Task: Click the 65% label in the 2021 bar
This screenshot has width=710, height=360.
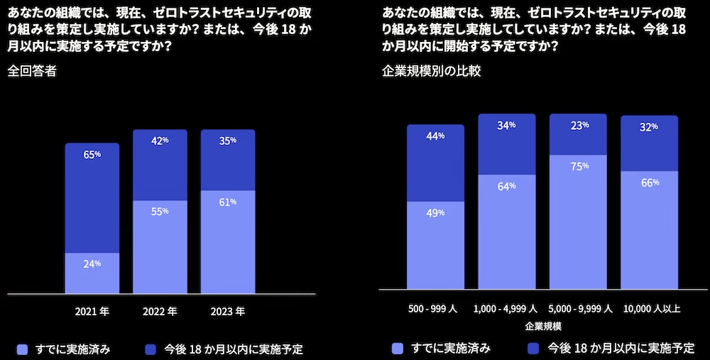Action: (x=92, y=154)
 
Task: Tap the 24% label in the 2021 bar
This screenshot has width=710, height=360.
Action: (x=92, y=263)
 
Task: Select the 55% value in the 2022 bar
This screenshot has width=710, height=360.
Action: (x=160, y=212)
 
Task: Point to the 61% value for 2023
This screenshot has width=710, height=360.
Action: (x=228, y=202)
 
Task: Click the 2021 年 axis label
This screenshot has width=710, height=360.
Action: (x=92, y=311)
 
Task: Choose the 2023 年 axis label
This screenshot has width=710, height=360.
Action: (x=228, y=311)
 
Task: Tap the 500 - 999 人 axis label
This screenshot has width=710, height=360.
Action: (x=435, y=309)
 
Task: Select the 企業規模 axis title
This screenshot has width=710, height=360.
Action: (x=543, y=326)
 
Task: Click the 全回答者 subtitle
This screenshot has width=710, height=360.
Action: (x=32, y=71)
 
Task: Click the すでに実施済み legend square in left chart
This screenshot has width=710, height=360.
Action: (x=22, y=349)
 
